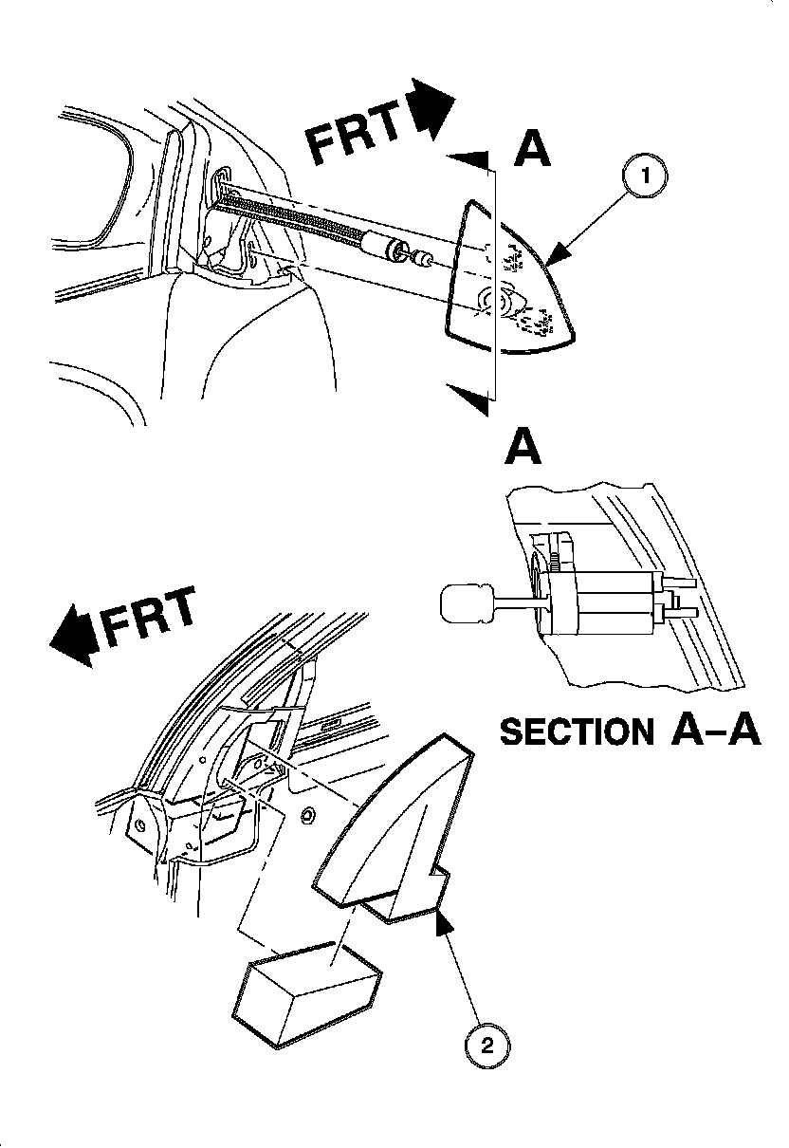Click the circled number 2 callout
[486, 1046]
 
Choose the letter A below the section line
[523, 446]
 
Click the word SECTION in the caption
[571, 732]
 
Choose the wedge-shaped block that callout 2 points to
[398, 835]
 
